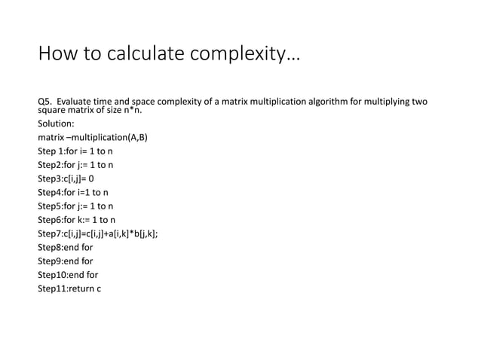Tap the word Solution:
pyautogui.click(x=56, y=124)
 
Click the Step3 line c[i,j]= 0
pyautogui.click(x=66, y=178)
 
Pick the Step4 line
pyautogui.click(x=74, y=192)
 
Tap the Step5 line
pyautogui.click(x=76, y=206)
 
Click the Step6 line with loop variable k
pyautogui.click(x=77, y=219)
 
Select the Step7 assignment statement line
pyautogui.click(x=98, y=233)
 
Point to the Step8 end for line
pyautogui.click(x=66, y=247)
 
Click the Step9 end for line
pyautogui.click(x=66, y=261)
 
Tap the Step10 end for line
pyautogui.click(x=68, y=274)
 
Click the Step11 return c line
pyautogui.click(x=69, y=288)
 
